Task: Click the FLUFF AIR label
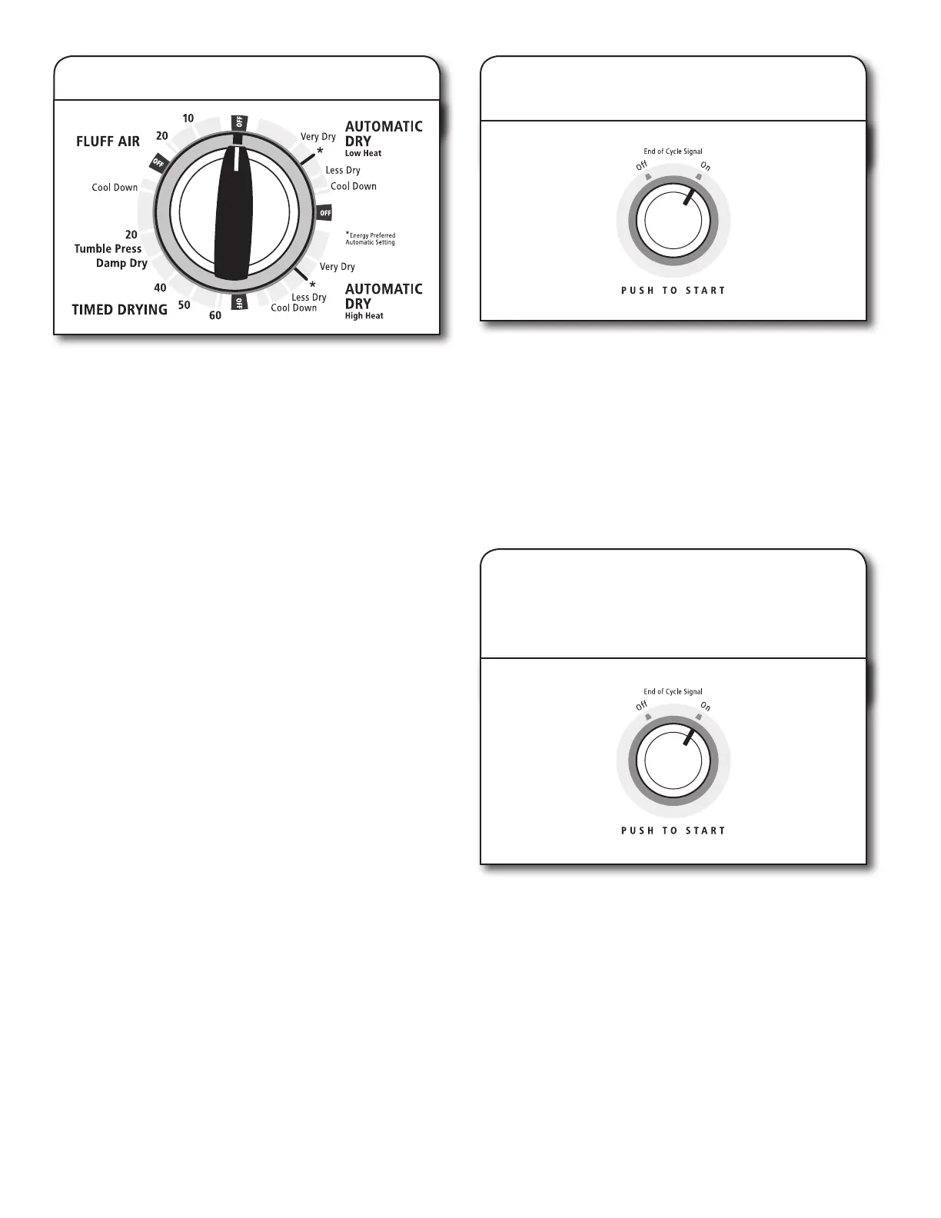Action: pyautogui.click(x=108, y=141)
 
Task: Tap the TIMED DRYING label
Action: pyautogui.click(x=119, y=309)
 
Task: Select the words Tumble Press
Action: pyautogui.click(x=108, y=248)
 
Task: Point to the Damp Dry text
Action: pyautogui.click(x=121, y=263)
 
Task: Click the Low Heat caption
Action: pyautogui.click(x=363, y=154)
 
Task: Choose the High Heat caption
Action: pyautogui.click(x=364, y=316)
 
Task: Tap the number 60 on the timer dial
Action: pyautogui.click(x=214, y=315)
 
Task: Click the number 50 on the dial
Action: pyautogui.click(x=185, y=305)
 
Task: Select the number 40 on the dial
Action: pyautogui.click(x=160, y=288)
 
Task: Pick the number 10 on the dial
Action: pyautogui.click(x=188, y=118)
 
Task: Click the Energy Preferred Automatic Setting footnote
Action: pyautogui.click(x=371, y=239)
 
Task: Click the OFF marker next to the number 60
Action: pyautogui.click(x=239, y=303)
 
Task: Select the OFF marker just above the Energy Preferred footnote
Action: pyautogui.click(x=325, y=212)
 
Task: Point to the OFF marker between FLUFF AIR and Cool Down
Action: pyautogui.click(x=158, y=162)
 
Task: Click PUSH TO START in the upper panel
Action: pyautogui.click(x=673, y=291)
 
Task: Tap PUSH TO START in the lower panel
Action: pyautogui.click(x=673, y=830)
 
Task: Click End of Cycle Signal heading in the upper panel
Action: pyautogui.click(x=673, y=151)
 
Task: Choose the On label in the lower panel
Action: pyautogui.click(x=705, y=707)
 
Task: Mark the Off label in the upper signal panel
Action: pyautogui.click(x=641, y=165)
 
